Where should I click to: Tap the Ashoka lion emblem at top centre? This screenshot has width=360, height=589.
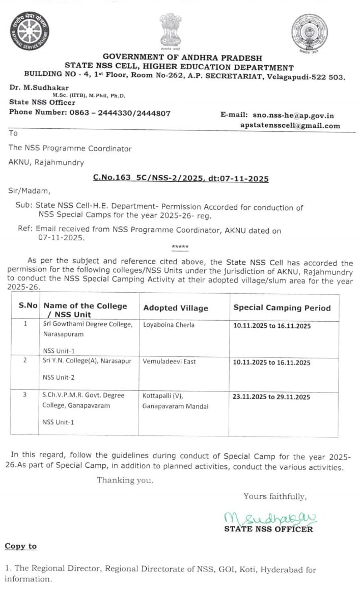click(x=170, y=30)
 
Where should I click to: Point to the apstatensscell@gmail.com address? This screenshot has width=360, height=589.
click(x=290, y=126)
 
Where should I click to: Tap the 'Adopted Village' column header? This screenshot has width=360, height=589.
click(x=176, y=308)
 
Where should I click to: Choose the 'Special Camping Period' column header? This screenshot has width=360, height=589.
click(x=282, y=308)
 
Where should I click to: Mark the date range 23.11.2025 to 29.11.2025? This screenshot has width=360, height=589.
click(x=271, y=397)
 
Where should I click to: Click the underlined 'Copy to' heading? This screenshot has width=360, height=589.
click(x=21, y=546)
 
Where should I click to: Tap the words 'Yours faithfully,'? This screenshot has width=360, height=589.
click(x=275, y=496)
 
